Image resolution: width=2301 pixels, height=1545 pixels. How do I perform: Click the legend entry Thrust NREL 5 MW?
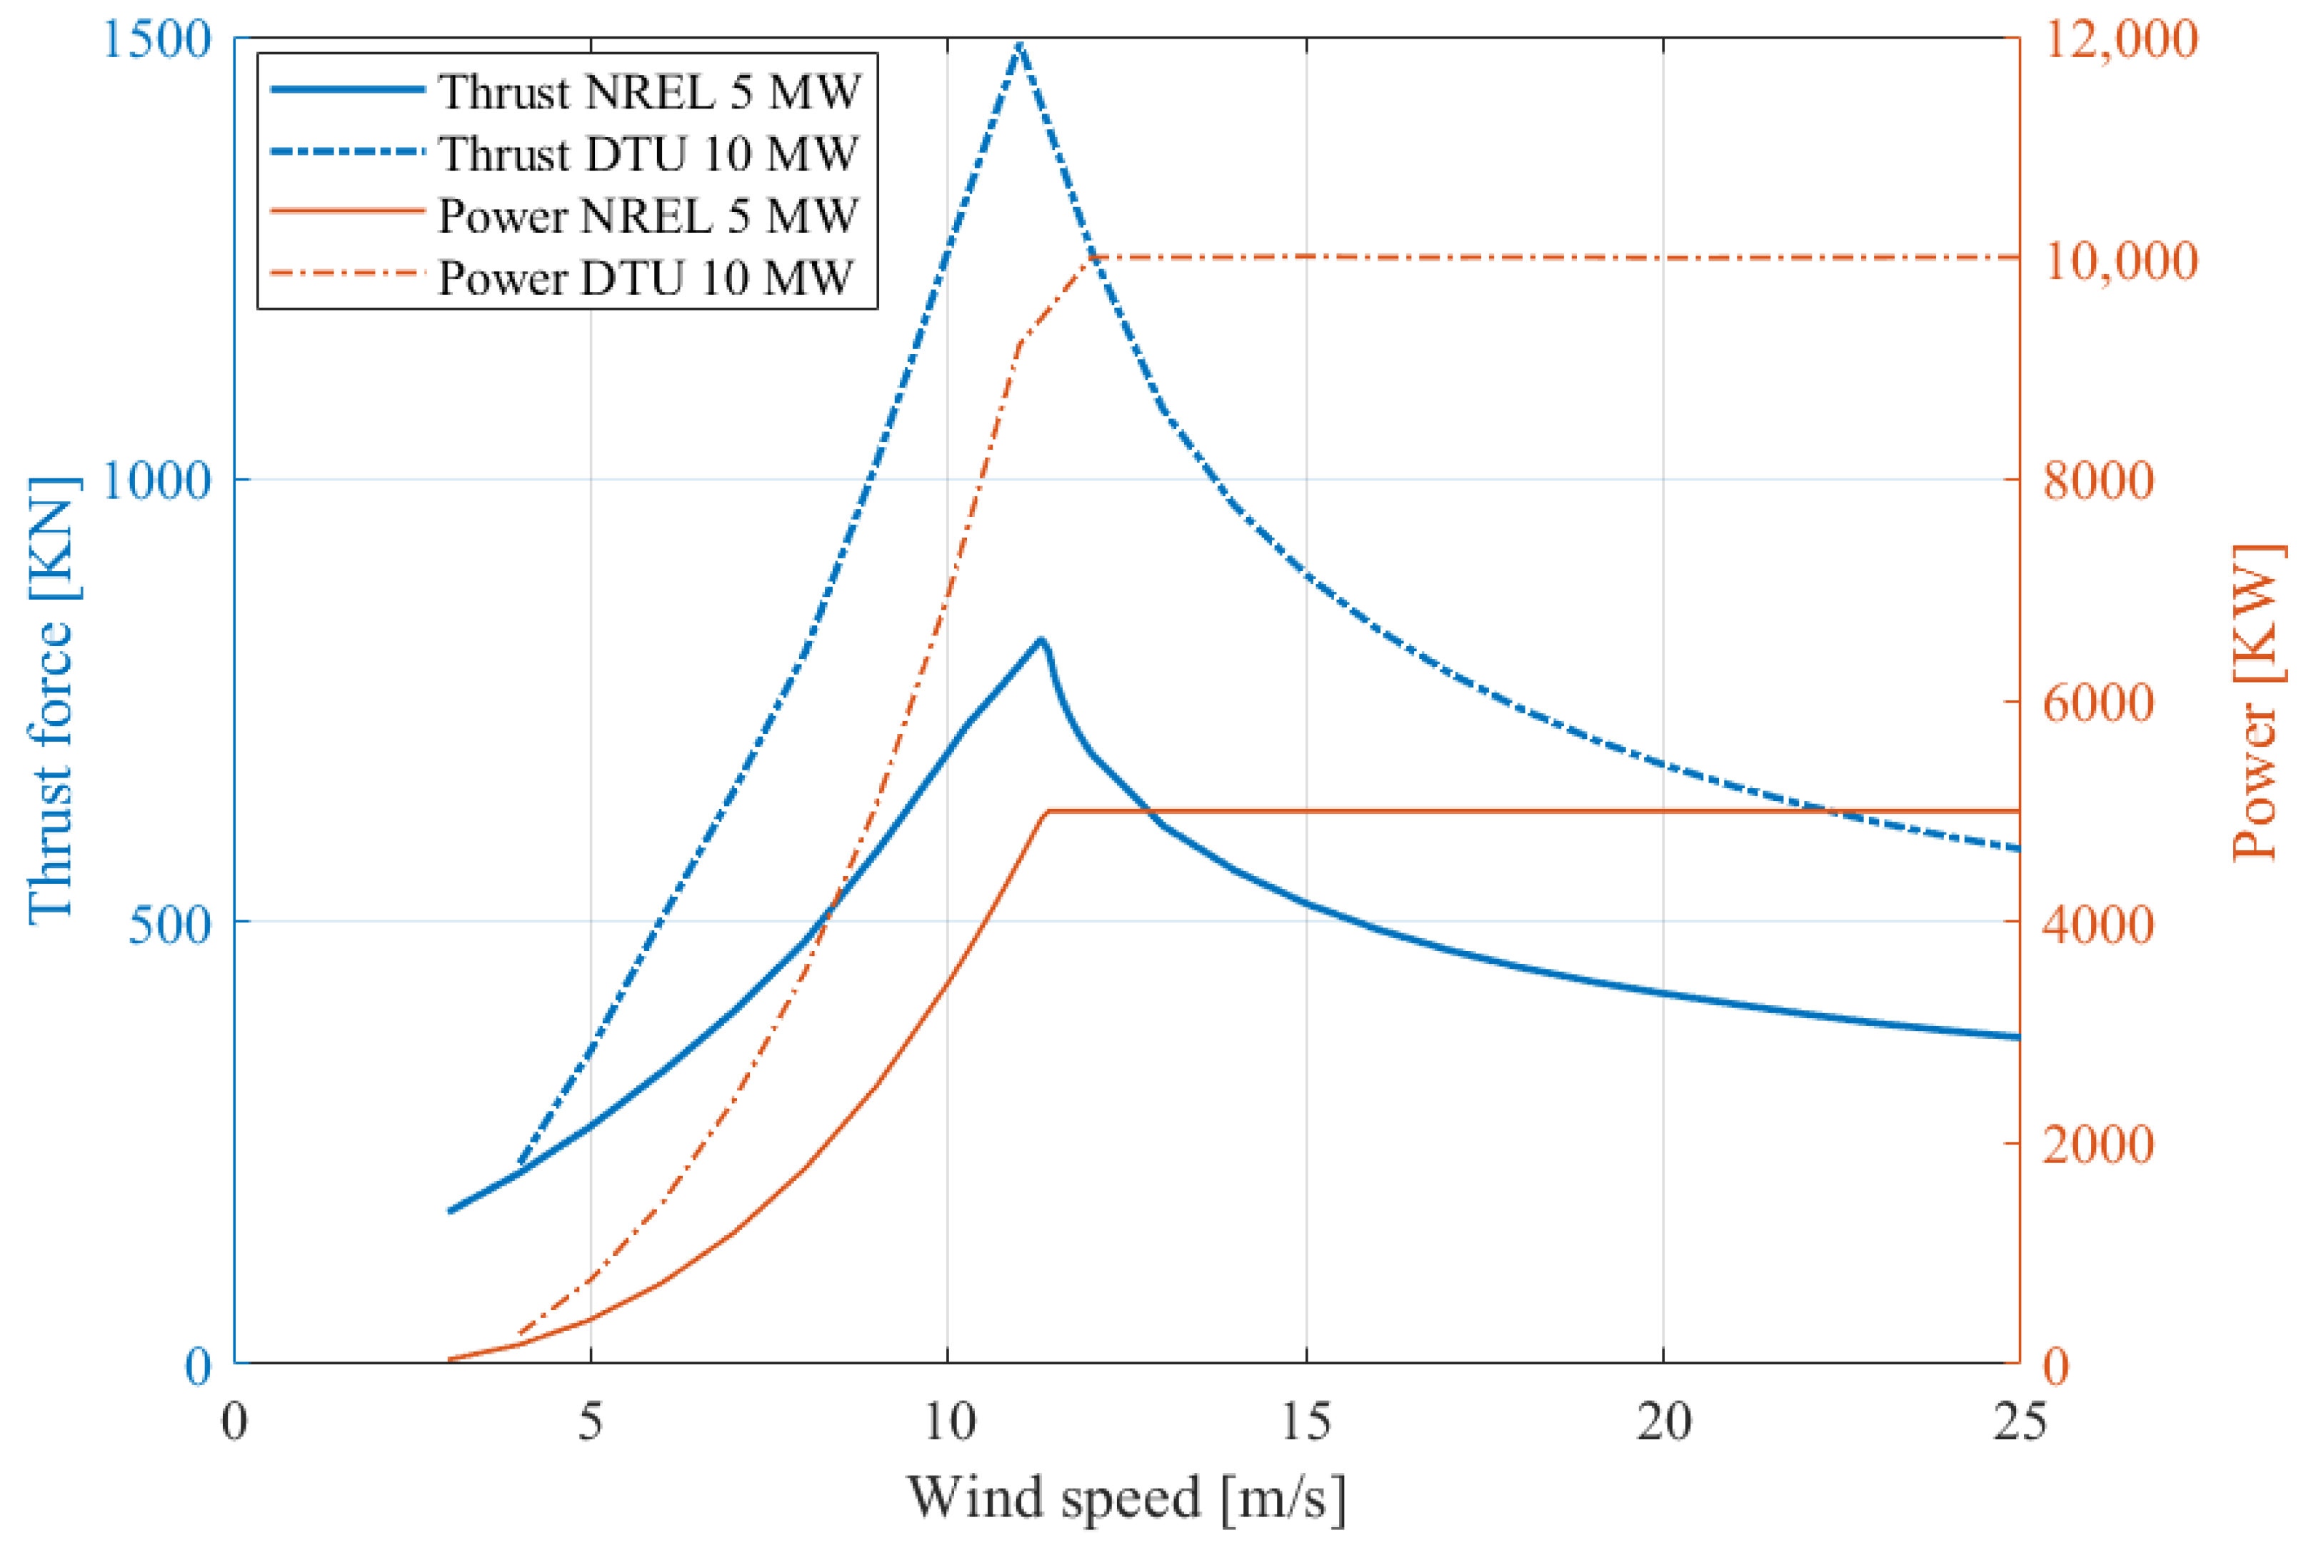pos(648,91)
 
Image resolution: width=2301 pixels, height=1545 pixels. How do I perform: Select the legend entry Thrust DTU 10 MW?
pos(648,154)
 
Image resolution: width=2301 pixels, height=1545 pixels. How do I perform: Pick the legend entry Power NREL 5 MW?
pos(648,216)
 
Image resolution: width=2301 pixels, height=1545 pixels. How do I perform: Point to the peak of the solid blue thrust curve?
pos(1040,640)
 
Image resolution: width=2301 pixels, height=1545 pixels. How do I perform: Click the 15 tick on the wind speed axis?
pos(1305,1421)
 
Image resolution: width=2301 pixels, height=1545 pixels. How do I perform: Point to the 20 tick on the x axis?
pos(1663,1421)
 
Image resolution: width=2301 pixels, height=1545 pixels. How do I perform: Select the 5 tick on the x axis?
pos(591,1421)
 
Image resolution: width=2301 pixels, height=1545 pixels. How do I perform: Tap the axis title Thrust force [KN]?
pos(51,700)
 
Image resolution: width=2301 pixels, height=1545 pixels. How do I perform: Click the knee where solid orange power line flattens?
pos(1048,811)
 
